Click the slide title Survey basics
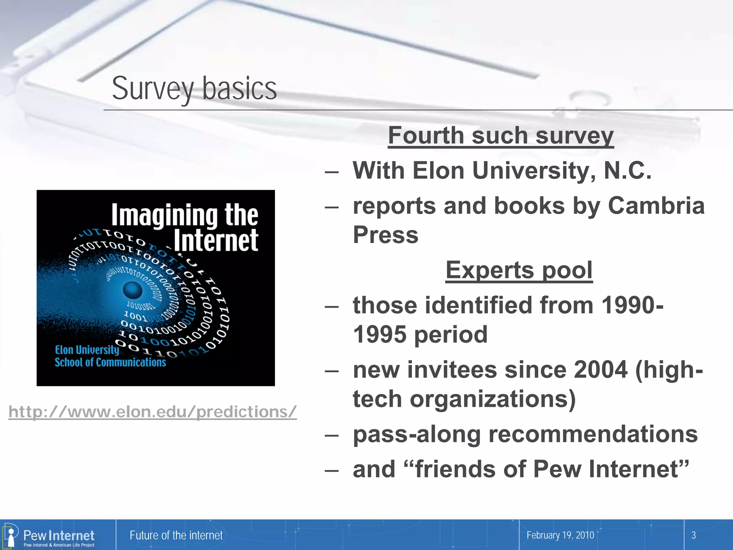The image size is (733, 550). (x=194, y=88)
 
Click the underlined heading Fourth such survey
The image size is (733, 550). (x=501, y=136)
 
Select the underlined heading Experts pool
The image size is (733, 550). (x=519, y=270)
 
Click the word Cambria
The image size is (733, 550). (x=656, y=206)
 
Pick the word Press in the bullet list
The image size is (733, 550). (x=385, y=235)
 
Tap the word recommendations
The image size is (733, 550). (x=593, y=434)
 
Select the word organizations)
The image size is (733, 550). (x=493, y=399)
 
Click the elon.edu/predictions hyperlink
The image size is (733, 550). (x=153, y=412)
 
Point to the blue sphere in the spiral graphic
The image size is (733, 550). (x=133, y=290)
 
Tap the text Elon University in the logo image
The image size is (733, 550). (x=87, y=350)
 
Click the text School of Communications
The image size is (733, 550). (x=110, y=362)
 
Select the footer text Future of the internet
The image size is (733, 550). (x=176, y=535)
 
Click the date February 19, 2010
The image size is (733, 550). (x=560, y=535)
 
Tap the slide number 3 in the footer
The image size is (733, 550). (x=693, y=535)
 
